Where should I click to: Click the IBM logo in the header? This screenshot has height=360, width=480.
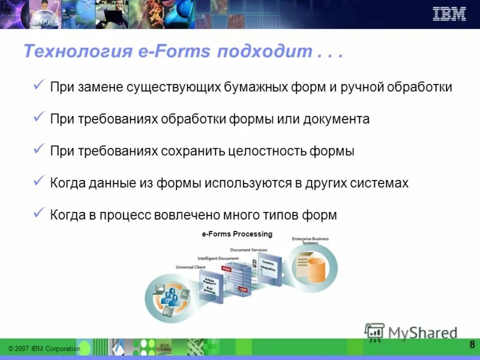click(x=449, y=14)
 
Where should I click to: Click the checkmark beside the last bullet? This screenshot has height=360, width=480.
click(x=39, y=214)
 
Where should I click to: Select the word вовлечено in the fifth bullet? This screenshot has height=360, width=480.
click(x=186, y=215)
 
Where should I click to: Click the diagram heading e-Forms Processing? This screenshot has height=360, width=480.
click(x=237, y=234)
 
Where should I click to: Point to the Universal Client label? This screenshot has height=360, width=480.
click(x=190, y=267)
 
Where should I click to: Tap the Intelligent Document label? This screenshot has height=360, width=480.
click(x=218, y=259)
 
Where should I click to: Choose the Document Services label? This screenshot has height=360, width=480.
click(x=248, y=250)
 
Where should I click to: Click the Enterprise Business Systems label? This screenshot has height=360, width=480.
click(x=310, y=241)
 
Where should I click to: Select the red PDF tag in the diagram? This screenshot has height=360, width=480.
click(x=226, y=269)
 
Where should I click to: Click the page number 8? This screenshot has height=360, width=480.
click(x=472, y=344)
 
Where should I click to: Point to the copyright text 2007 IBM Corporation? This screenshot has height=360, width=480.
click(x=44, y=349)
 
